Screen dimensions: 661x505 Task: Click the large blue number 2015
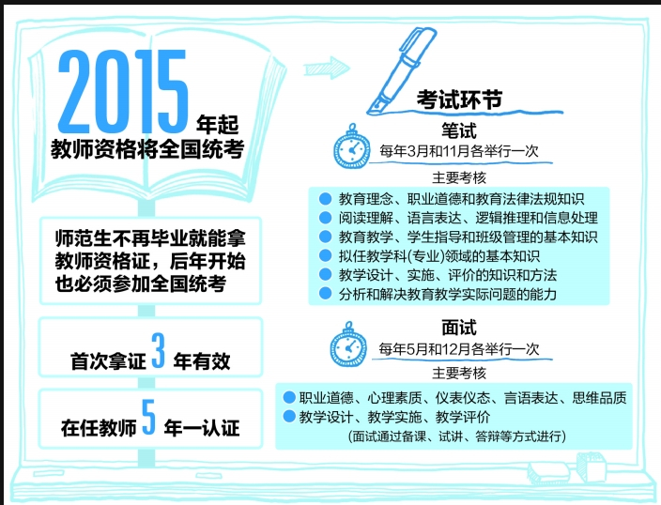[x=123, y=91]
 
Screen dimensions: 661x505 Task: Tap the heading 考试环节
[x=459, y=99]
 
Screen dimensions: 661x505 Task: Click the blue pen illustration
[x=401, y=70]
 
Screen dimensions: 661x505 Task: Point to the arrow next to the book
[x=327, y=68]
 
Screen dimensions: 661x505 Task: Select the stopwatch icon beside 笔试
[x=351, y=146]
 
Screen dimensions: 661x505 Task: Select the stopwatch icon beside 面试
[x=348, y=344]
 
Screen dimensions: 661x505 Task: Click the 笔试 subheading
[x=459, y=130]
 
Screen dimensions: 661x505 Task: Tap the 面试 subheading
[x=459, y=328]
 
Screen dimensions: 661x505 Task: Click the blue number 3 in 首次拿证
[x=158, y=350]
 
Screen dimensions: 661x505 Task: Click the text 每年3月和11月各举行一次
[x=459, y=151]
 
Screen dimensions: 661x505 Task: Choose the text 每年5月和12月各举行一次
[x=459, y=349]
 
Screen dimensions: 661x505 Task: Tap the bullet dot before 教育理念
[x=325, y=199]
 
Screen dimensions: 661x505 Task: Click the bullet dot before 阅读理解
[x=325, y=218]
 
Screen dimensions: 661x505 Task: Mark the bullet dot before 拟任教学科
[x=325, y=255]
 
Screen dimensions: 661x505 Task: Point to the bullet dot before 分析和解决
[x=325, y=294]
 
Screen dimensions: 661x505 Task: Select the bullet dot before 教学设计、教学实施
[x=289, y=417]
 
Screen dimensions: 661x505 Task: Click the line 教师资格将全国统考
[x=147, y=149]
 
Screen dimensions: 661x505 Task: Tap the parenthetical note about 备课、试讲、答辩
[x=457, y=436]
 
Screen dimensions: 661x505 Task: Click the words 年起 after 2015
[x=218, y=124]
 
